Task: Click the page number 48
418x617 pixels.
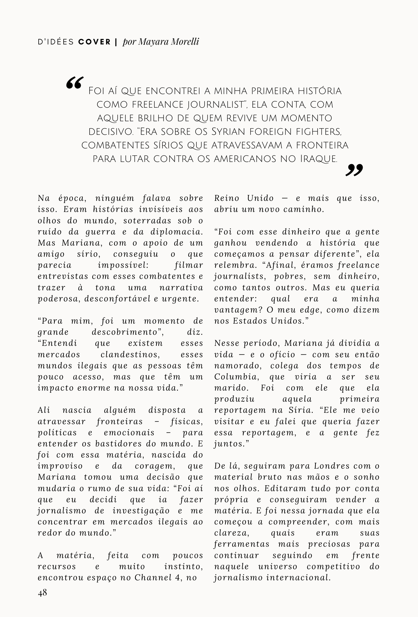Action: tap(42, 592)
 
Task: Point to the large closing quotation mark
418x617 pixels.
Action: tap(354, 170)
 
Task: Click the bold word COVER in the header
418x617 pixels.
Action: tap(95, 42)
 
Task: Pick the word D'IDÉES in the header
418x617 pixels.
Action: tap(56, 42)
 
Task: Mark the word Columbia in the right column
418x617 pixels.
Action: tap(233, 377)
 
